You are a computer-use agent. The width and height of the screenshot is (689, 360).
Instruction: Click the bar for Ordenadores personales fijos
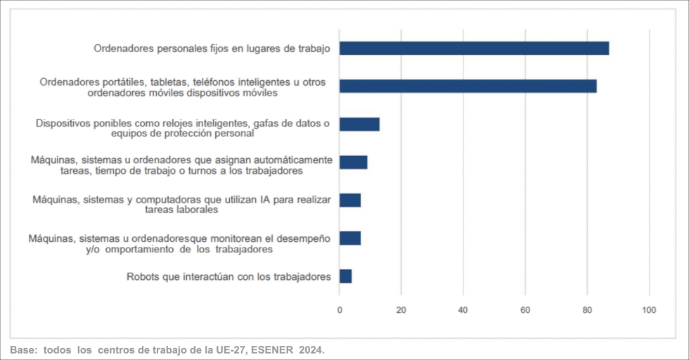(x=474, y=49)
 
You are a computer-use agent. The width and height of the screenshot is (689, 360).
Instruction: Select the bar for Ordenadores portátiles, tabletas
(x=468, y=86)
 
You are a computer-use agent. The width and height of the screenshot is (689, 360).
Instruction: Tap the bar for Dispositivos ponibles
(x=359, y=124)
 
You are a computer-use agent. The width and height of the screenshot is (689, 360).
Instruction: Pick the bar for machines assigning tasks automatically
(x=353, y=162)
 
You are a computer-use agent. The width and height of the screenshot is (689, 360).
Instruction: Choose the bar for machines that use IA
(x=350, y=200)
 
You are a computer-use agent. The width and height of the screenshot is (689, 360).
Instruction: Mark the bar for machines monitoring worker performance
(x=350, y=238)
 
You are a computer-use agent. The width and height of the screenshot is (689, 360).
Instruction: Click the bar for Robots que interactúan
(x=345, y=276)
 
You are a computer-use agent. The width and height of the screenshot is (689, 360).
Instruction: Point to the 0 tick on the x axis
(x=340, y=309)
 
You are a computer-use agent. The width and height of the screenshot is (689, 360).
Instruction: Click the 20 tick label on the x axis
(x=401, y=309)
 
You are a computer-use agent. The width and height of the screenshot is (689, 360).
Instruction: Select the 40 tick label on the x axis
(x=463, y=309)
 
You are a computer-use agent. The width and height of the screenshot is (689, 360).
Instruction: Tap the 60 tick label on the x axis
(x=524, y=309)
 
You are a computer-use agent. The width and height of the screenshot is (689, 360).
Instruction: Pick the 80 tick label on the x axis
(x=586, y=309)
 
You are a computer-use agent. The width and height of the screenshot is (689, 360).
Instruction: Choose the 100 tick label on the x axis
(x=649, y=309)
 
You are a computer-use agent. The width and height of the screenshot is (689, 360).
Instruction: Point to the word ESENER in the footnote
(x=272, y=349)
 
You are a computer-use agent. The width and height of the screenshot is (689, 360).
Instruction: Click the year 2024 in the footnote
(x=312, y=349)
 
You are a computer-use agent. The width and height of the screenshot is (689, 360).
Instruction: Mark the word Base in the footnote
(x=22, y=349)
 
